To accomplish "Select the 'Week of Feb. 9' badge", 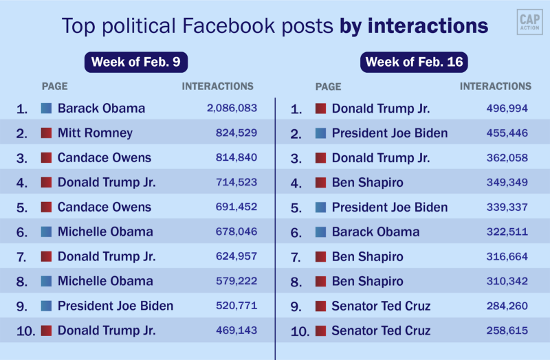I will pyautogui.click(x=136, y=62).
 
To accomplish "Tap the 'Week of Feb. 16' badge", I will pyautogui.click(x=415, y=62).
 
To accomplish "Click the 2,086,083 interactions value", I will pyautogui.click(x=232, y=108).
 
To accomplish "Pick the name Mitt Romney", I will pyautogui.click(x=95, y=133).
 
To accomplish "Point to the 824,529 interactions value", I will pyautogui.click(x=236, y=133).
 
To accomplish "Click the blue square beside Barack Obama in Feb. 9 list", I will pyautogui.click(x=47, y=108).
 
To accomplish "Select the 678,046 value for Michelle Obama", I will pyautogui.click(x=236, y=232).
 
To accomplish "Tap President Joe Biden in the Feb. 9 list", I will pyautogui.click(x=115, y=306).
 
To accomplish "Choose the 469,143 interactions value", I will pyautogui.click(x=236, y=330).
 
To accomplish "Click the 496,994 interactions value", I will pyautogui.click(x=507, y=108).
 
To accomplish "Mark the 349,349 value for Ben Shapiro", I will pyautogui.click(x=507, y=182).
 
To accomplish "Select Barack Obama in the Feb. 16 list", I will pyautogui.click(x=375, y=232).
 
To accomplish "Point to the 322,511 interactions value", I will pyautogui.click(x=507, y=232).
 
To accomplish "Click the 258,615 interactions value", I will pyautogui.click(x=507, y=330).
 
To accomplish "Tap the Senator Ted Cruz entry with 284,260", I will pyautogui.click(x=381, y=306).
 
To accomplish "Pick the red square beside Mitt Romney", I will pyautogui.click(x=47, y=133).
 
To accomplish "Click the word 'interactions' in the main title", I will pyautogui.click(x=428, y=26).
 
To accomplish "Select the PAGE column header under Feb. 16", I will pyautogui.click(x=328, y=87).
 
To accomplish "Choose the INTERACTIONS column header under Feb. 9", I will pyautogui.click(x=217, y=87).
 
